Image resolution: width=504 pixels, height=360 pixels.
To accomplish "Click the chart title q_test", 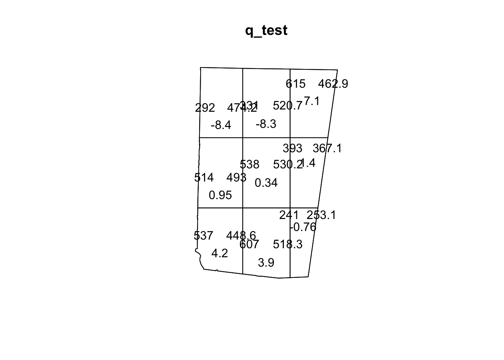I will (266, 30).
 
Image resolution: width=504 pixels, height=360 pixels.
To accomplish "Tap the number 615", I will (295, 84).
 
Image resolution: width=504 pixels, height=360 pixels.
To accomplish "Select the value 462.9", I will (333, 84).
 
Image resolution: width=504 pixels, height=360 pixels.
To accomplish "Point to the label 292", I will (205, 108).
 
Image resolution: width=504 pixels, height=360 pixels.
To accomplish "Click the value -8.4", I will (221, 125).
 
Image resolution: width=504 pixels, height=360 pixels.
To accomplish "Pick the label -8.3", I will (266, 124).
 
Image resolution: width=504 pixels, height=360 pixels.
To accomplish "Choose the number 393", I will (292, 148).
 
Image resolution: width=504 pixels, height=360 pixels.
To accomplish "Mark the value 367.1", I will (327, 148).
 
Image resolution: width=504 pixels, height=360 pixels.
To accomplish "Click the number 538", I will (249, 165).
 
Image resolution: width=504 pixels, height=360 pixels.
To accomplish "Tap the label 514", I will (204, 177).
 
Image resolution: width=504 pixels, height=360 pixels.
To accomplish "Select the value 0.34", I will (266, 183).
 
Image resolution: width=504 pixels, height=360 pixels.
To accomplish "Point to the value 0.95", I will (220, 195).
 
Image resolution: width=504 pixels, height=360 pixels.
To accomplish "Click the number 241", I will (289, 215).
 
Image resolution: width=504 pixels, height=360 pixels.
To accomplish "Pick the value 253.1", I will (321, 215).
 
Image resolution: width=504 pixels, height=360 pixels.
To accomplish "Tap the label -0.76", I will (303, 227).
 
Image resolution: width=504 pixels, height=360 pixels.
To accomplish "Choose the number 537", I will (203, 235).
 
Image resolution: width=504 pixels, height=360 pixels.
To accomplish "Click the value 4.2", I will (219, 253).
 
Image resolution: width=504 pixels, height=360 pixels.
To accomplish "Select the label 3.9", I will (266, 263).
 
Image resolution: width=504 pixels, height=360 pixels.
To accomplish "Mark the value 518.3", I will (288, 244).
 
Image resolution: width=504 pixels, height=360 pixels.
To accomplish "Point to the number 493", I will (236, 177).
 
